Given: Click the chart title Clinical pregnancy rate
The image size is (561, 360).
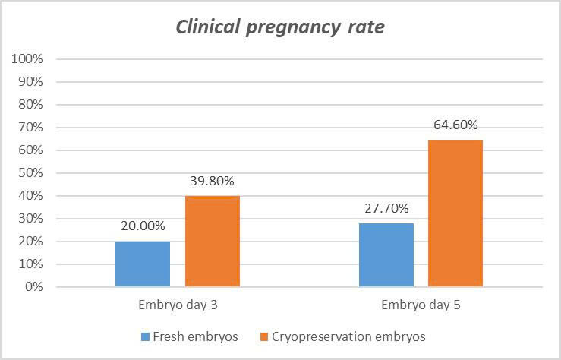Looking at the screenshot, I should (x=280, y=27).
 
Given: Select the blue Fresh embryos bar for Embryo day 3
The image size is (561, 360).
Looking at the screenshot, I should (x=143, y=264).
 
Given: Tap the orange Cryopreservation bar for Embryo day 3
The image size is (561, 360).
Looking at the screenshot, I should (x=213, y=242).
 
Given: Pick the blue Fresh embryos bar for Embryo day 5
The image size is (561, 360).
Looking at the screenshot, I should (x=386, y=255).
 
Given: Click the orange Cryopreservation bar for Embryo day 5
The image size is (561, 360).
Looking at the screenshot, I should (x=455, y=213).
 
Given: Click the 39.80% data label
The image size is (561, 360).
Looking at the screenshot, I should (x=213, y=182).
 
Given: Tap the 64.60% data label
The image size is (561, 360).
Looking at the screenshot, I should (x=455, y=125).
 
